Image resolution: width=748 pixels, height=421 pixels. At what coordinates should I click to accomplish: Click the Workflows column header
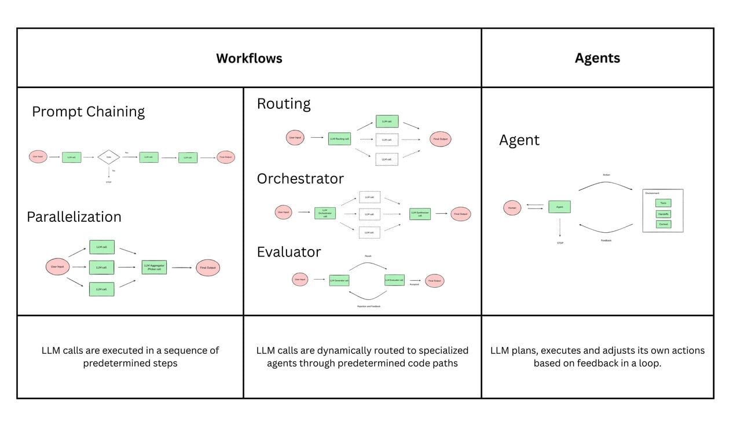point(249,58)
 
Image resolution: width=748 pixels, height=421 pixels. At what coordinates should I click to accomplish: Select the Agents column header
point(597,58)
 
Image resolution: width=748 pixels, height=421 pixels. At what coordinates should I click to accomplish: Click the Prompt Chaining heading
point(88,111)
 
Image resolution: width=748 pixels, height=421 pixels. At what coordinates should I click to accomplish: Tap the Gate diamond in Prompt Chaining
point(108,157)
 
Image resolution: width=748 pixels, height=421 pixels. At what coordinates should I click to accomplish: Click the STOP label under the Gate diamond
point(108,182)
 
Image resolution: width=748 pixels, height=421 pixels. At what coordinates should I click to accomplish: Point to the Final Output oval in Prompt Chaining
point(226,157)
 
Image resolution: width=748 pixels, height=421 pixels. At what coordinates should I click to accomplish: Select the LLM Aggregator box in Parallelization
point(154,267)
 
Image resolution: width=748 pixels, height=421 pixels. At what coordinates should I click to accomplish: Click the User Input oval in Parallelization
point(57,267)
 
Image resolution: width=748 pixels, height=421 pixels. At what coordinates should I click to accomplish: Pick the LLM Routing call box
point(339,138)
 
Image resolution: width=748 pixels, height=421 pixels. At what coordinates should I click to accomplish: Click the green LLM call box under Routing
point(387,122)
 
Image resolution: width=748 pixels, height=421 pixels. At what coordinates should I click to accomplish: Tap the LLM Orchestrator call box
point(325,213)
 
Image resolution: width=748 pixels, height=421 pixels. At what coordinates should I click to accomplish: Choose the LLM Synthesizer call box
point(420,213)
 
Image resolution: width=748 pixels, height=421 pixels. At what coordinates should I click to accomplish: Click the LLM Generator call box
point(339,280)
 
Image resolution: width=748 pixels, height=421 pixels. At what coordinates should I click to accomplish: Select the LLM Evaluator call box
point(394,280)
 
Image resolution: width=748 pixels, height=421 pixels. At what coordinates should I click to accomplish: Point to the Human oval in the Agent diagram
point(512,207)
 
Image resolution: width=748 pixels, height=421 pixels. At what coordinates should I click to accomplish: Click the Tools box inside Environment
point(663,203)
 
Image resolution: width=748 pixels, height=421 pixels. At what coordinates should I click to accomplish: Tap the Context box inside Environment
point(663,224)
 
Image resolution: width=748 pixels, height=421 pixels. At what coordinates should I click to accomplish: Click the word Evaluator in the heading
point(288,252)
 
